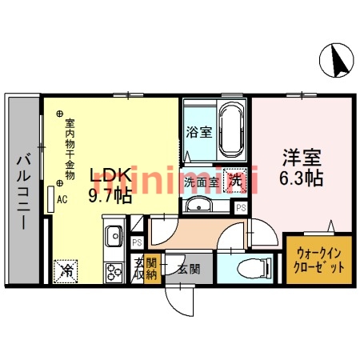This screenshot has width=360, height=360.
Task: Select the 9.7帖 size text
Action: tap(110, 194)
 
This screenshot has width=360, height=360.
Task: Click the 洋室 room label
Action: tap(301, 158)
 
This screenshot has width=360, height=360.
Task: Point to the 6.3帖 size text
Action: tap(301, 178)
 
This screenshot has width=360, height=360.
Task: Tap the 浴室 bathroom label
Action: tap(198, 132)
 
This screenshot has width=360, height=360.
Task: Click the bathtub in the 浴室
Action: tap(231, 128)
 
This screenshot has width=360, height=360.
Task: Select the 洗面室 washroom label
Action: tap(203, 182)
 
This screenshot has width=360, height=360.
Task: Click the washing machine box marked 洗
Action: tap(235, 181)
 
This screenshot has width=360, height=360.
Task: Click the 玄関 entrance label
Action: tap(188, 269)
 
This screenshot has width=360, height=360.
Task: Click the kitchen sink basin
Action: tap(113, 236)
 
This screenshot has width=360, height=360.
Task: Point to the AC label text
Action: tap(61, 202)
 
